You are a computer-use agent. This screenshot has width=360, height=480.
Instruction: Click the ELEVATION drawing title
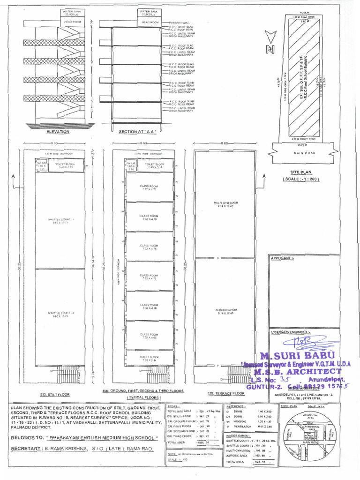pos(58,132)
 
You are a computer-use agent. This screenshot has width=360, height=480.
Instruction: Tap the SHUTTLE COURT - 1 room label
pos(58,220)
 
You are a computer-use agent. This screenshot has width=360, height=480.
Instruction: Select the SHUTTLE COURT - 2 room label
pos(58,314)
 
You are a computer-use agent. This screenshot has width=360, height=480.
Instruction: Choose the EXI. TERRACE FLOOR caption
pos(226,393)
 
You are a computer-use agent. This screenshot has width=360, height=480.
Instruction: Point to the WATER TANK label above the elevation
pos(71,12)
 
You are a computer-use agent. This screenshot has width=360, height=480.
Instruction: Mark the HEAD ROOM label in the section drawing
pos(150,22)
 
